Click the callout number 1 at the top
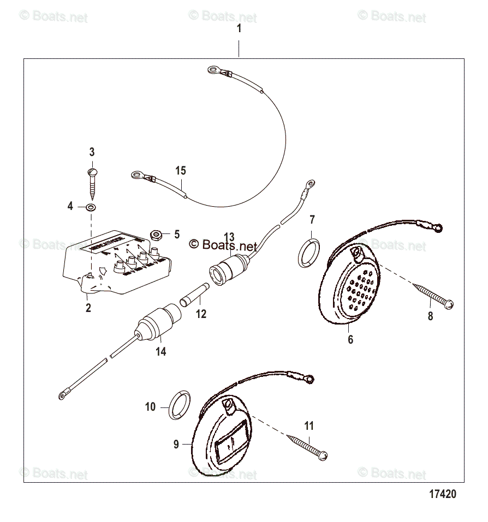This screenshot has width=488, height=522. (239, 29)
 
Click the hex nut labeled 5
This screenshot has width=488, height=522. (155, 235)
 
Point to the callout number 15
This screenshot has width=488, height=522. (181, 171)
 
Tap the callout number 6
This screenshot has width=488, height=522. (350, 339)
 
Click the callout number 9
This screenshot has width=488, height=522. (176, 445)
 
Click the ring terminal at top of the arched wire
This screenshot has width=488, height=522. (212, 69)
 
